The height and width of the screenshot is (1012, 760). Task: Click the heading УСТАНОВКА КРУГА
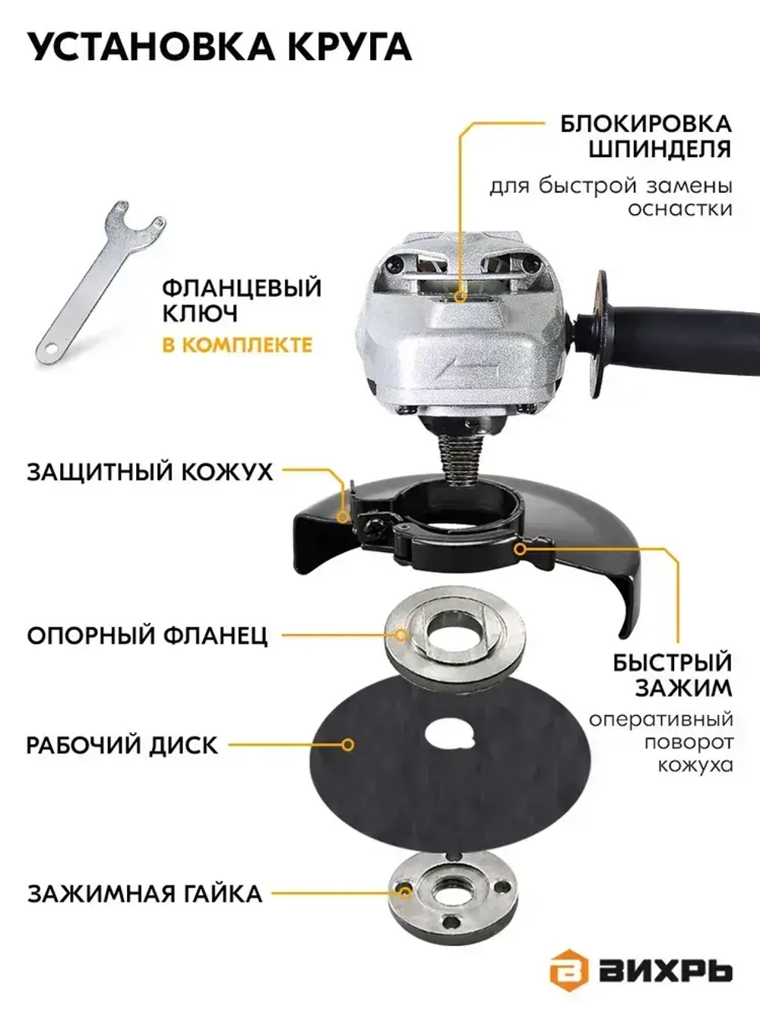tap(219, 47)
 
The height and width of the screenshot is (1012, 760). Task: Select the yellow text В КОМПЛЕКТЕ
tap(237, 345)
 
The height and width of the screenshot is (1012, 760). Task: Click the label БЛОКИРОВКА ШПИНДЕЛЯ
tap(646, 135)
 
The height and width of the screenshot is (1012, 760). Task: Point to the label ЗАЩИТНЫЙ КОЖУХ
tap(150, 471)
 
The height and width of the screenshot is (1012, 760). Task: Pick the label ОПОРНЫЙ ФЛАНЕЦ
tap(147, 635)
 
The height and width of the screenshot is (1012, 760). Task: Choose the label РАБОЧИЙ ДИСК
tap(122, 745)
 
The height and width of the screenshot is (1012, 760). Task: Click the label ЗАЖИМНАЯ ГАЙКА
tap(145, 893)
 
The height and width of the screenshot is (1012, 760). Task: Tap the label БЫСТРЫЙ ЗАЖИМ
tap(672, 674)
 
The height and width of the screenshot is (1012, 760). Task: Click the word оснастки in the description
tap(679, 208)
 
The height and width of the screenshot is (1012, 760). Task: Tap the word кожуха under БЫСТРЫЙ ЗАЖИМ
tap(695, 764)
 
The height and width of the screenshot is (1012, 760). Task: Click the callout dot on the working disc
tap(347, 745)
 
